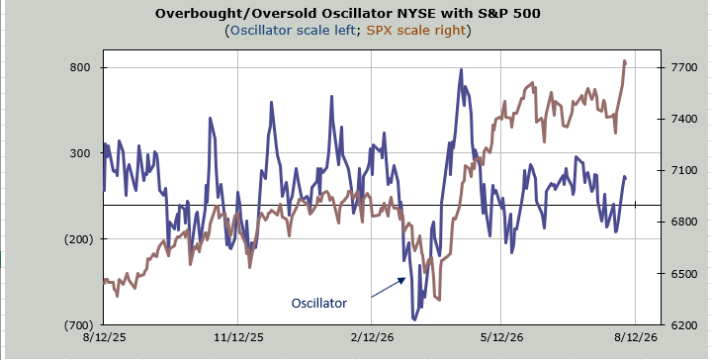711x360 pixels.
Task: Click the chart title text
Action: tap(348, 13)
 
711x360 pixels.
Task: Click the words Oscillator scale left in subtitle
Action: tap(293, 31)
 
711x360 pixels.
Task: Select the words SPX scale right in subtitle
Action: tap(416, 31)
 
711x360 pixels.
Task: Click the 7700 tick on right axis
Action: tap(682, 67)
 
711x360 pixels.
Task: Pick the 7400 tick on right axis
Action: tap(682, 119)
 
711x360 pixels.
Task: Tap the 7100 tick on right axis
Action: tap(682, 170)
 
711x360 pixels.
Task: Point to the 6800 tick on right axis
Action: tap(682, 223)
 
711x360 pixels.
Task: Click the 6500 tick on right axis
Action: tap(682, 274)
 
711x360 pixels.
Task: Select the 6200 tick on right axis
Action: tap(682, 325)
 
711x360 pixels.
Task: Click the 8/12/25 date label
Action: tap(104, 337)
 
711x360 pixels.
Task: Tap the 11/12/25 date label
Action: tap(237, 337)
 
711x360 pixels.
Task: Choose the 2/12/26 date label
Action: tap(372, 337)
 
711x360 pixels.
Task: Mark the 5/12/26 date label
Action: tap(500, 337)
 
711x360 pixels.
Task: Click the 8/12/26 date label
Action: tap(635, 337)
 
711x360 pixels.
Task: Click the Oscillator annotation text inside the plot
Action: tap(318, 303)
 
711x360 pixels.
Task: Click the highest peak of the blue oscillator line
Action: tap(461, 70)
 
